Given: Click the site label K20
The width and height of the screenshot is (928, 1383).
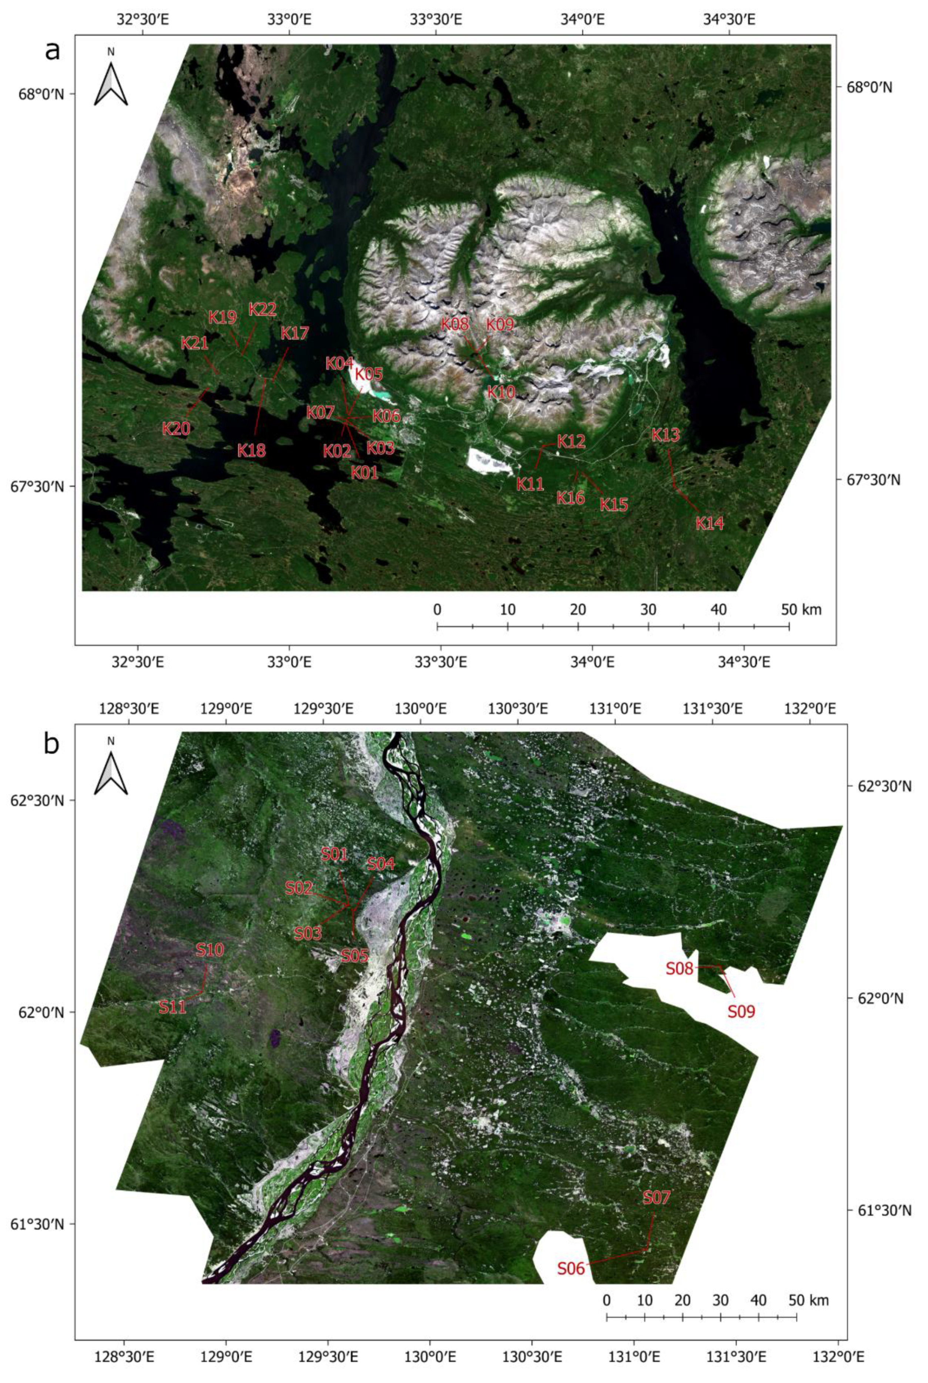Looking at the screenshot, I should tap(176, 428).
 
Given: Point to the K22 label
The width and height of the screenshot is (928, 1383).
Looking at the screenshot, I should tap(262, 309).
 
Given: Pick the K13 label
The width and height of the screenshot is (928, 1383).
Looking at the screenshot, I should tap(666, 435).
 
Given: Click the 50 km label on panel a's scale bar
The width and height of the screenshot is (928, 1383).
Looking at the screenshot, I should tap(801, 609).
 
